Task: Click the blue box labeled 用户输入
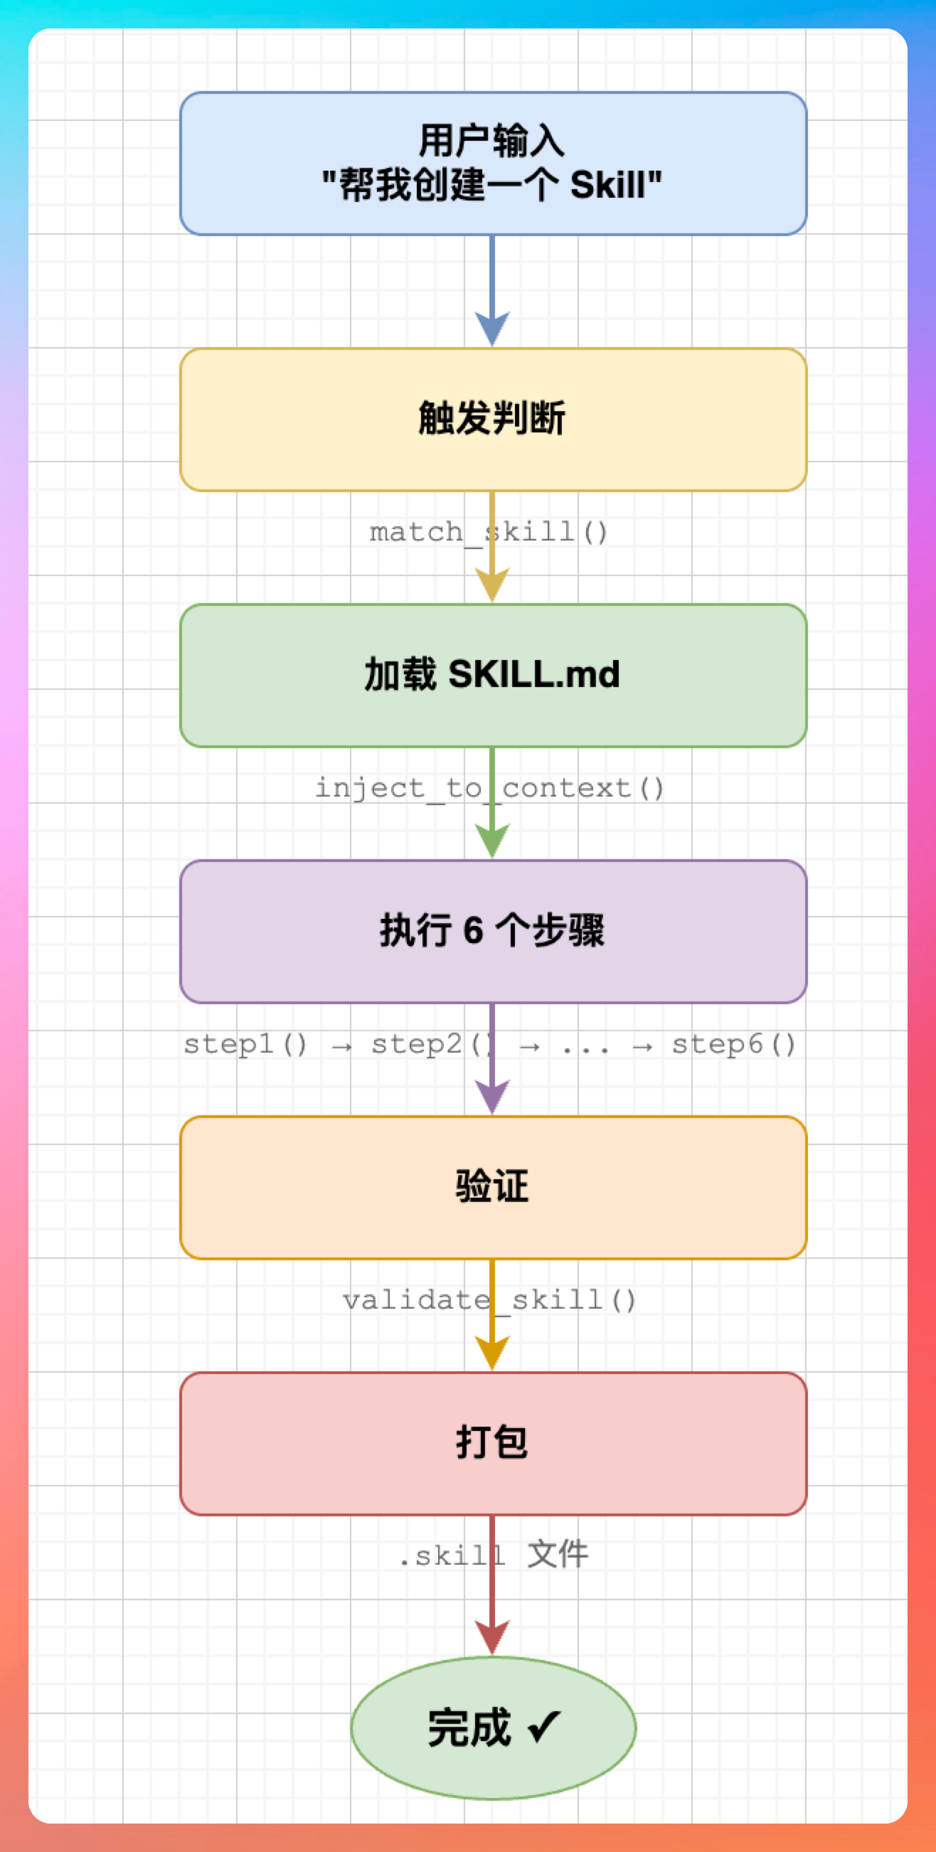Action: (x=493, y=164)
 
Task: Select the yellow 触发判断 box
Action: (x=493, y=420)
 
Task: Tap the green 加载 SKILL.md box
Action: (x=493, y=676)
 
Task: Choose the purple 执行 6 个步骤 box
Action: (x=493, y=932)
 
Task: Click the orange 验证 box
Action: (x=493, y=1188)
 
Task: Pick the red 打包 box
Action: (x=493, y=1444)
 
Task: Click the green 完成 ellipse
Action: (x=493, y=1728)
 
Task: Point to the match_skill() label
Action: (x=489, y=533)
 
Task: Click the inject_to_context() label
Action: (x=489, y=789)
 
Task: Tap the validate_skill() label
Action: (x=489, y=1301)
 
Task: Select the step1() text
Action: (x=246, y=1045)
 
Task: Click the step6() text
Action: (x=734, y=1045)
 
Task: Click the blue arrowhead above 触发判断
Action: (x=492, y=329)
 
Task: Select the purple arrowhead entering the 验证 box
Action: (x=492, y=1096)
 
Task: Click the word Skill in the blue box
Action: (x=608, y=186)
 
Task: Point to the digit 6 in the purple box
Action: (x=473, y=931)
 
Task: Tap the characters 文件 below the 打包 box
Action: (x=558, y=1555)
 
